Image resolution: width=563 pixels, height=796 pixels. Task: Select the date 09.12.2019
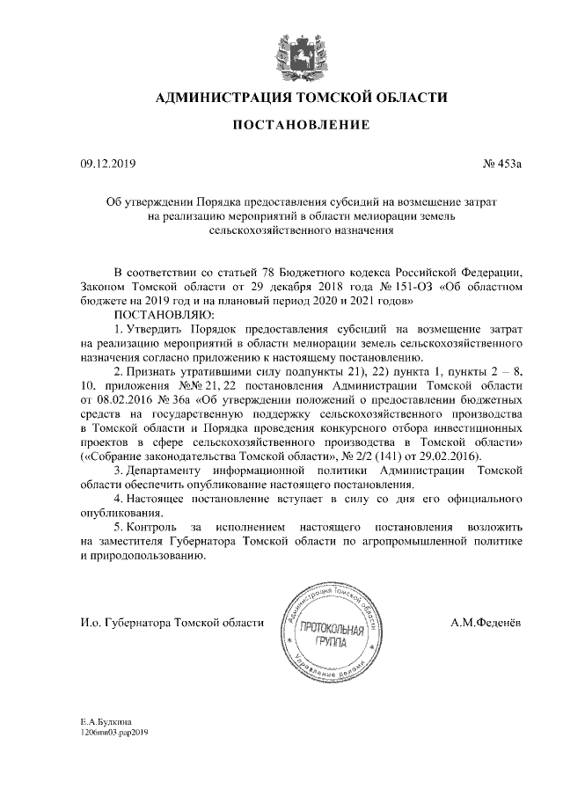click(x=104, y=163)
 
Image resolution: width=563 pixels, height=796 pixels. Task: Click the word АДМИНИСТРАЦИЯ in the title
click(x=223, y=97)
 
